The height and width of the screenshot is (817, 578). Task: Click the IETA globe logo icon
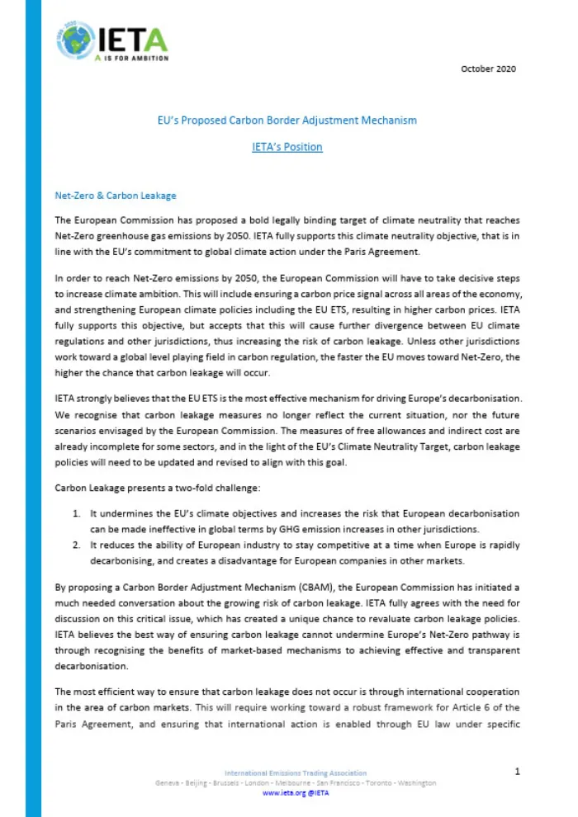[x=76, y=39]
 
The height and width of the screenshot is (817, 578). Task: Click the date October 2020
[x=488, y=68]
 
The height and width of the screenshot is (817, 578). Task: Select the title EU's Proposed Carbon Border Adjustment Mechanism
[x=287, y=120]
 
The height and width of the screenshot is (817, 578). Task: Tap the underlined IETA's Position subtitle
[x=287, y=147]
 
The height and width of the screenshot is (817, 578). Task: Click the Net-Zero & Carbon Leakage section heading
[x=115, y=196]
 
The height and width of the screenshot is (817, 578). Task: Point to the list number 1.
[x=76, y=514]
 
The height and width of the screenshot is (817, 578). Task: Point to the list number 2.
[x=76, y=545]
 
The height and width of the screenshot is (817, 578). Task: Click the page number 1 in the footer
[x=517, y=772]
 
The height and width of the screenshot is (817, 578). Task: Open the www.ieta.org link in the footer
[x=278, y=792]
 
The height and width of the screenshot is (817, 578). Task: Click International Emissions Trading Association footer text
[x=295, y=772]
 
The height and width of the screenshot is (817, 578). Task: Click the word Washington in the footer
[x=413, y=782]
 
